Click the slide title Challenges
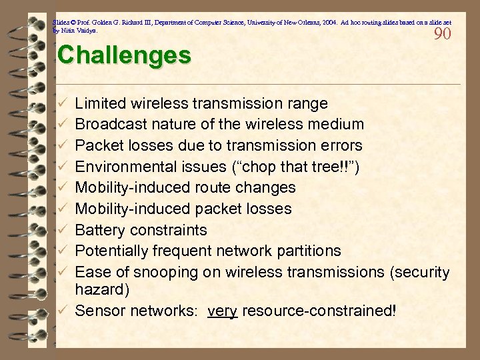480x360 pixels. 124,55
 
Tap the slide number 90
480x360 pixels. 443,33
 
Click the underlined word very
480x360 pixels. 223,310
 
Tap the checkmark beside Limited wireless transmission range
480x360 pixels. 61,103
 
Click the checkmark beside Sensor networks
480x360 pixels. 61,310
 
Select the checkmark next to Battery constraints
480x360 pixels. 61,230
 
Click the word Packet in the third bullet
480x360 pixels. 98,145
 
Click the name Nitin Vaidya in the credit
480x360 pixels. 82,31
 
